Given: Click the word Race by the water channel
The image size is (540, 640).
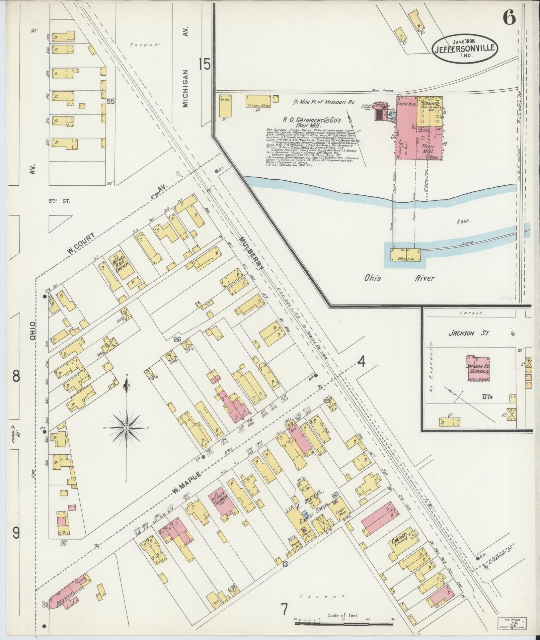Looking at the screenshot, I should pos(463,221).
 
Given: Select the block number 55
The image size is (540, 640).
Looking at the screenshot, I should pos(111,101).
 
